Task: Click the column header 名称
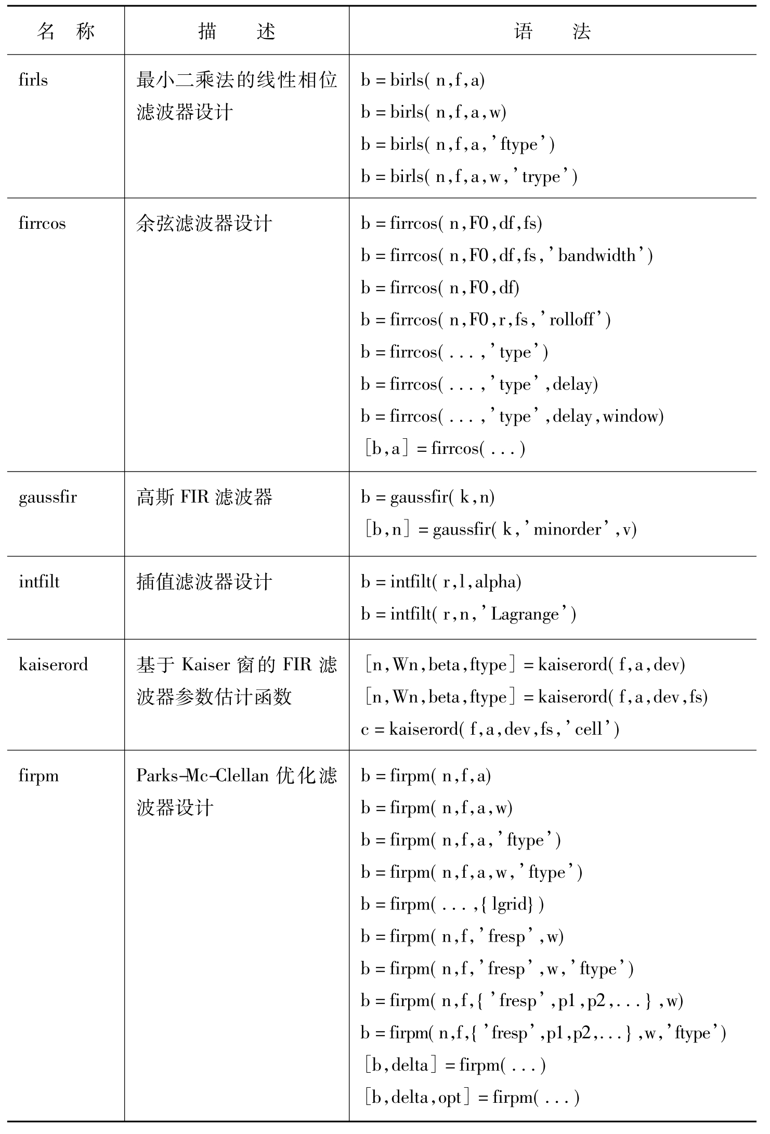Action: pyautogui.click(x=66, y=32)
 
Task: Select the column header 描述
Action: pyautogui.click(x=237, y=32)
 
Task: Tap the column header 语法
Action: pyautogui.click(x=552, y=32)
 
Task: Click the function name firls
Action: pyautogui.click(x=33, y=80)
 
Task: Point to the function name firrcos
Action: pyautogui.click(x=42, y=224)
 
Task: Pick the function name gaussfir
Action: pyautogui.click(x=48, y=498)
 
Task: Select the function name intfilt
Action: pyautogui.click(x=39, y=582)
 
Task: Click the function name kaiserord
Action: pyautogui.click(x=53, y=665)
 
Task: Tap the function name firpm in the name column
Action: pyautogui.click(x=38, y=776)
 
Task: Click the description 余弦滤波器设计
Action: pyautogui.click(x=204, y=224)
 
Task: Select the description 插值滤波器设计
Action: pyautogui.click(x=204, y=582)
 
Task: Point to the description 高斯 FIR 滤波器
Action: pyautogui.click(x=204, y=498)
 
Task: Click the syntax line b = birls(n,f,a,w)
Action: pyautogui.click(x=434, y=112)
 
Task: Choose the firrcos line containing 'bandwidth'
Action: pyautogui.click(x=507, y=256)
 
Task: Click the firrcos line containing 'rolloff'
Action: pyautogui.click(x=486, y=320)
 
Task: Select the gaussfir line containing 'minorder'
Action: pyautogui.click(x=499, y=530)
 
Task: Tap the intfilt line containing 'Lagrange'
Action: pyautogui.click(x=468, y=615)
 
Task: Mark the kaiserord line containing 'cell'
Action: pyautogui.click(x=490, y=729)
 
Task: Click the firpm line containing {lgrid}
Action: pyautogui.click(x=452, y=905)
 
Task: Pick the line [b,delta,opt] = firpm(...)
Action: pyautogui.click(x=471, y=1098)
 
